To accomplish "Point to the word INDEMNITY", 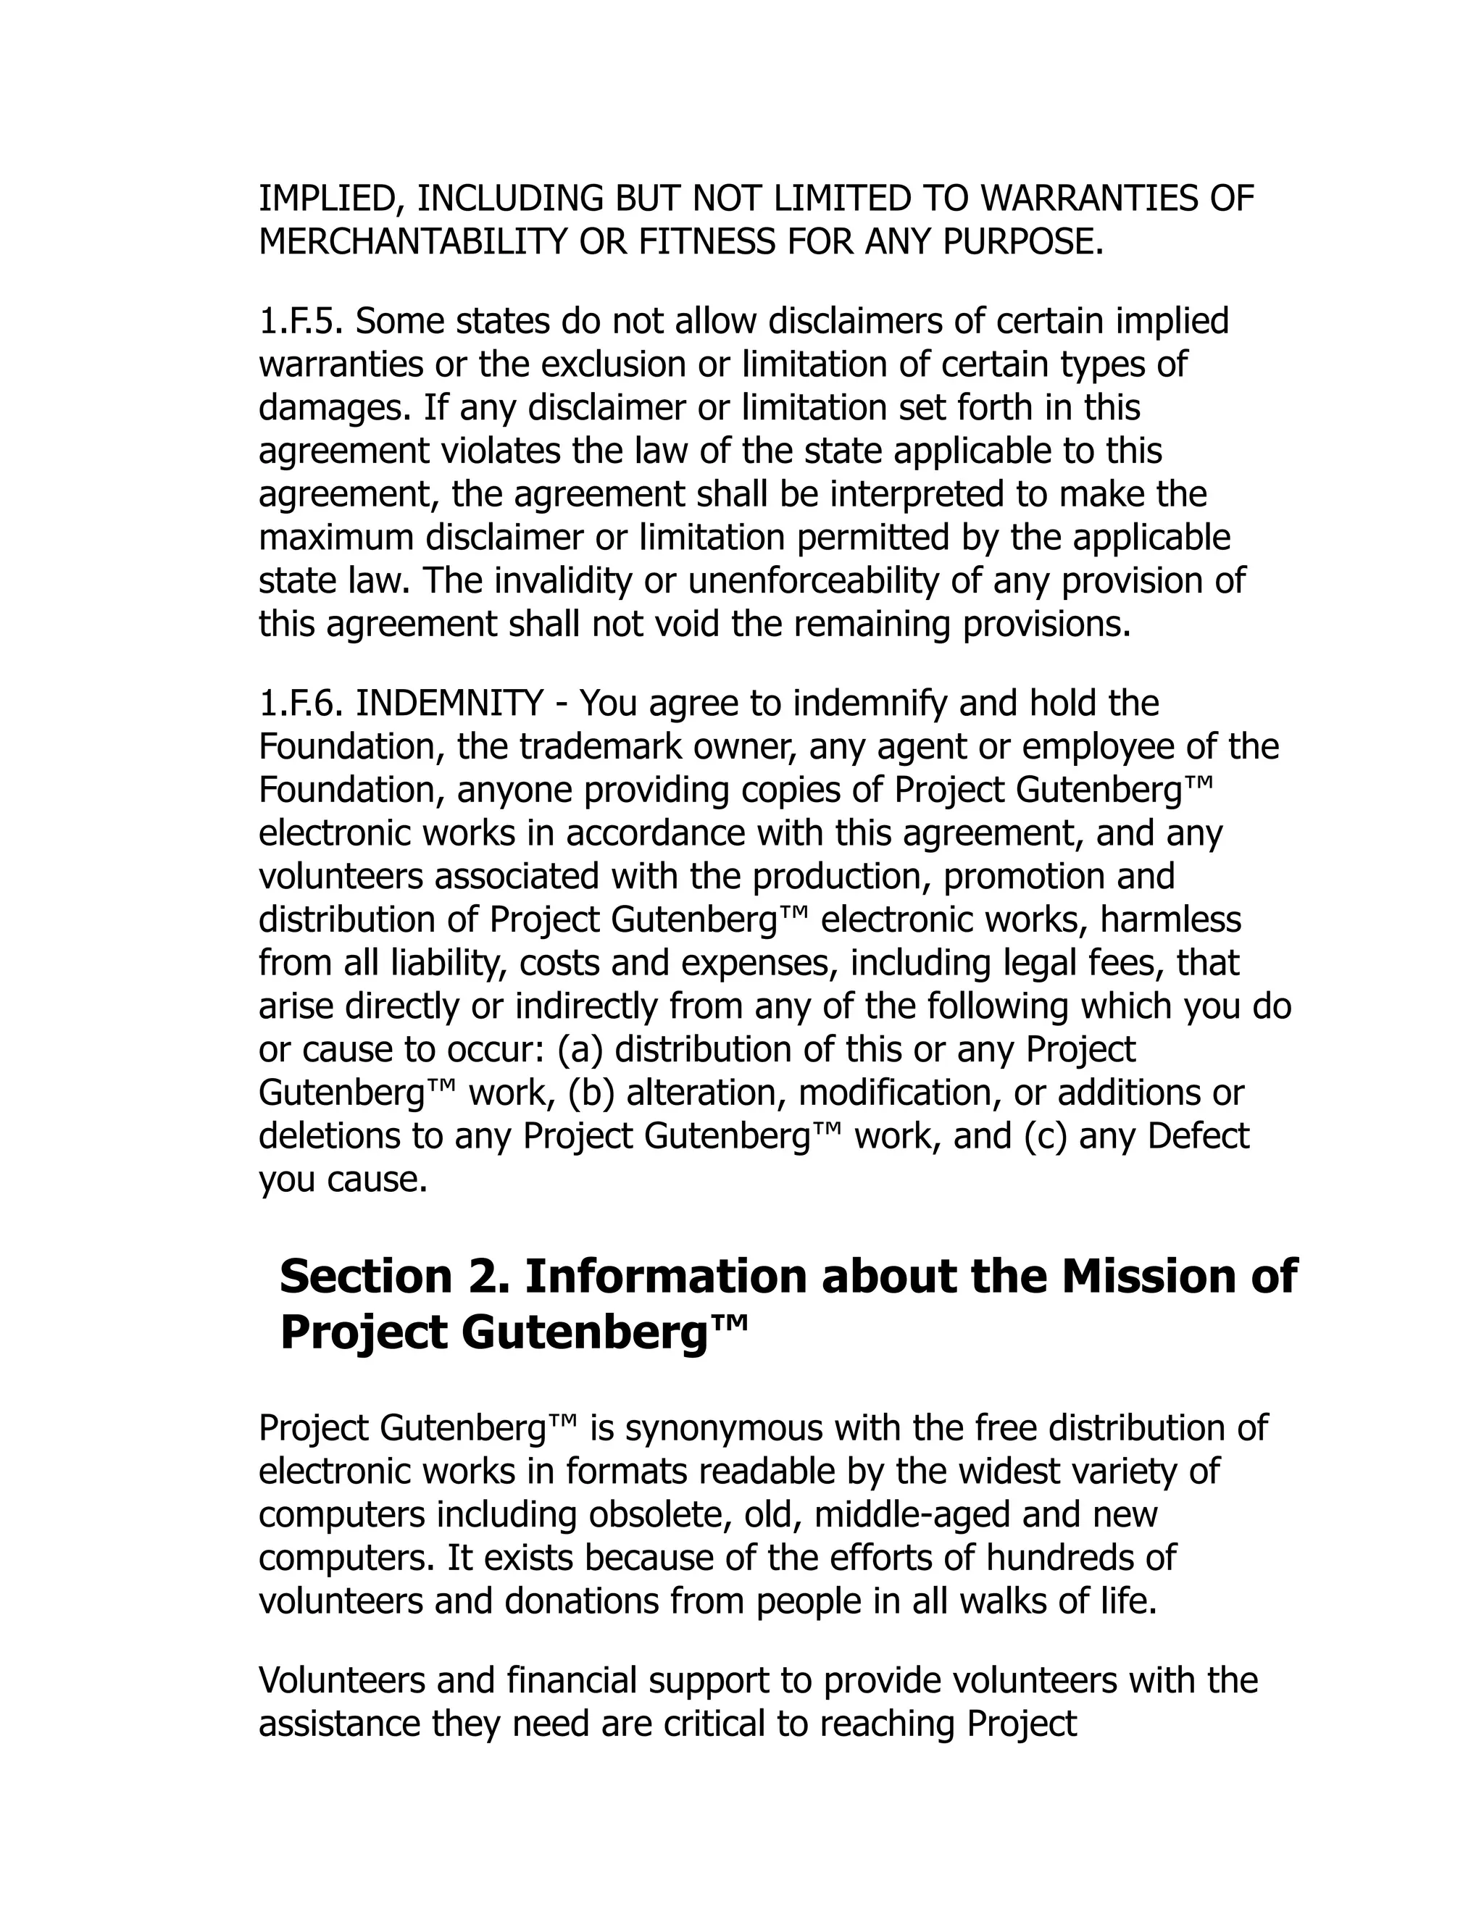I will point(449,704).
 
